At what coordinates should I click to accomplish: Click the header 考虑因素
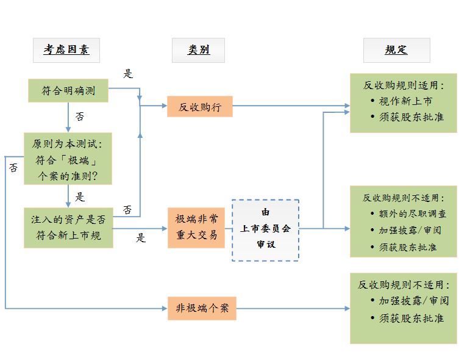66,50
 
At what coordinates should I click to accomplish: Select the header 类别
199,50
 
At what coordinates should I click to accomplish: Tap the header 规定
396,50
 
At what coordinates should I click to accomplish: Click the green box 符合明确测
68,91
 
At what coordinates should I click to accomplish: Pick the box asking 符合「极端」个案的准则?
68,159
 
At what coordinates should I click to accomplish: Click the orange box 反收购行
199,107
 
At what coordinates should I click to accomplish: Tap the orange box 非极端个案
201,308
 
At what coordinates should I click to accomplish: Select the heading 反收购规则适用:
404,85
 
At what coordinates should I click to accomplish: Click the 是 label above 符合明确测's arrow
128,74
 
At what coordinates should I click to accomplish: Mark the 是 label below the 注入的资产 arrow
141,237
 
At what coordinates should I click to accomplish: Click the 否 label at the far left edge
13,167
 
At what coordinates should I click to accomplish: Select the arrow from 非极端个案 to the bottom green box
293,308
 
